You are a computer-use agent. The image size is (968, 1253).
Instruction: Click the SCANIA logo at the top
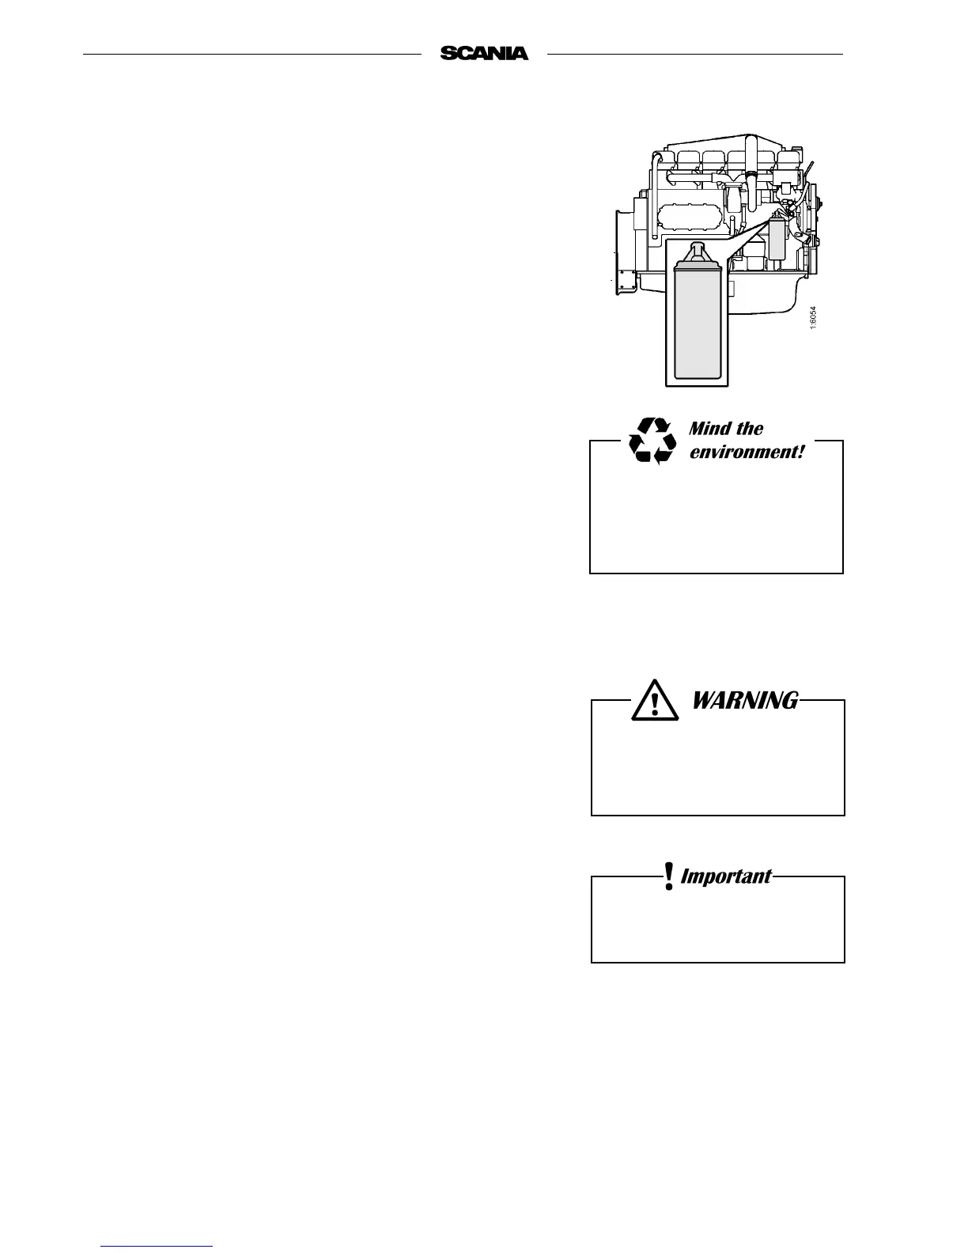coord(484,54)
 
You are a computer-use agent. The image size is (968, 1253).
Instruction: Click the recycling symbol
coord(652,441)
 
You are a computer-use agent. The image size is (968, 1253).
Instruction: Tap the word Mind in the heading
coord(709,429)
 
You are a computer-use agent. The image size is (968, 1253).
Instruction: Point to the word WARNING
coord(745,700)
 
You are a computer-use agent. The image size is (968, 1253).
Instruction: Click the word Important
coord(725,876)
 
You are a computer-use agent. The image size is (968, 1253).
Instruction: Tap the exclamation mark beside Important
coord(669,876)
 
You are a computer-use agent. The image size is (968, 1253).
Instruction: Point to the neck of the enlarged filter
coord(697,254)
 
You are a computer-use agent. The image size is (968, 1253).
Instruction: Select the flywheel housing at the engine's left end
coord(625,253)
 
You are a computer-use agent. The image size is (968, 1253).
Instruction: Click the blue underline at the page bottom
coord(157,1246)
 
